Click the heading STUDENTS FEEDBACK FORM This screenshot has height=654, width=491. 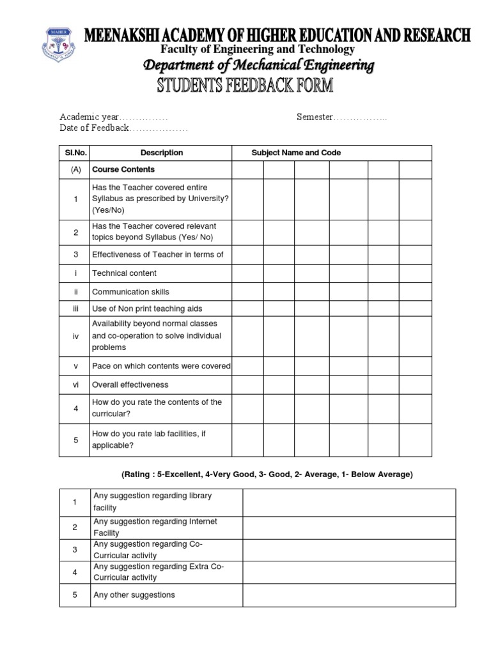coord(245,86)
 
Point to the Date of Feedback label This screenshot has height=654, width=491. coord(94,128)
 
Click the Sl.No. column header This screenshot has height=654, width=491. coord(75,153)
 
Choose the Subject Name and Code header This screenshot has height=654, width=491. coord(296,153)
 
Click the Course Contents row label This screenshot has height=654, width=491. coord(123,170)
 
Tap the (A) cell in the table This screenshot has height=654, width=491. coord(75,170)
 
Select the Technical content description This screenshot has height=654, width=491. coord(124,273)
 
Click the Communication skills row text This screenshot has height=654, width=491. coord(130,292)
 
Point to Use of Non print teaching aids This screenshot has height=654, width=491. coord(147,309)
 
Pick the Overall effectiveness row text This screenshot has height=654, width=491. coord(130,385)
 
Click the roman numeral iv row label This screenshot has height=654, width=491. coord(75,336)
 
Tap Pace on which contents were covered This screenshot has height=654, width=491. coord(161,367)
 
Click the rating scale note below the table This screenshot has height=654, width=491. coord(267,475)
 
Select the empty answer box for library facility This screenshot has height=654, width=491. coord(349,503)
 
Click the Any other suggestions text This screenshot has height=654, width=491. coord(134,595)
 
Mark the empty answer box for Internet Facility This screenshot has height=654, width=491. coord(349,528)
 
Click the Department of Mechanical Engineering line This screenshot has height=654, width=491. coord(258,66)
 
